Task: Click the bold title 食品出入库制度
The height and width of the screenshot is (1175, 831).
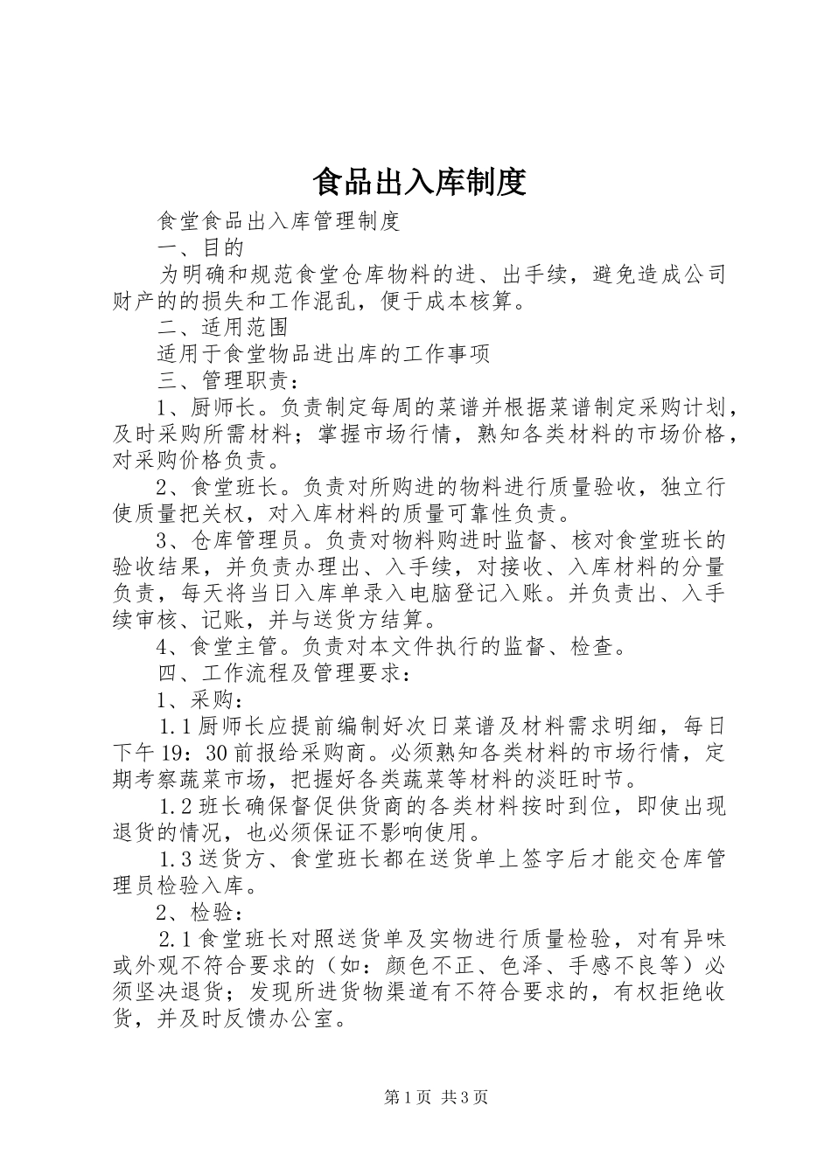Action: click(418, 182)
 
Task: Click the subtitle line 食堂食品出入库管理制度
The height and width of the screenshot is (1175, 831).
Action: click(277, 221)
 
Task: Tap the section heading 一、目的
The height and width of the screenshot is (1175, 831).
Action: click(199, 247)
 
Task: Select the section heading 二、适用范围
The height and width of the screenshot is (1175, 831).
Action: click(222, 327)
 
